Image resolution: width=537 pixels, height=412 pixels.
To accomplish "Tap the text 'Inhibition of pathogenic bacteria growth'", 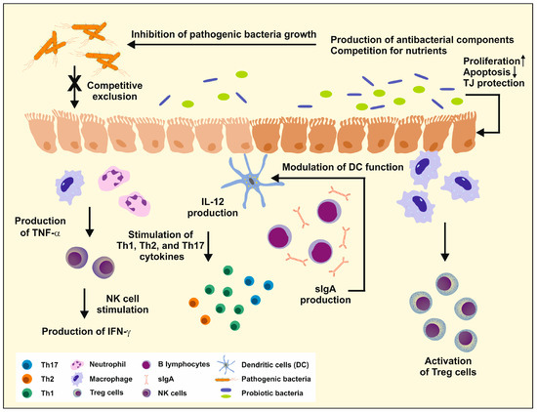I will click(226, 37).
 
